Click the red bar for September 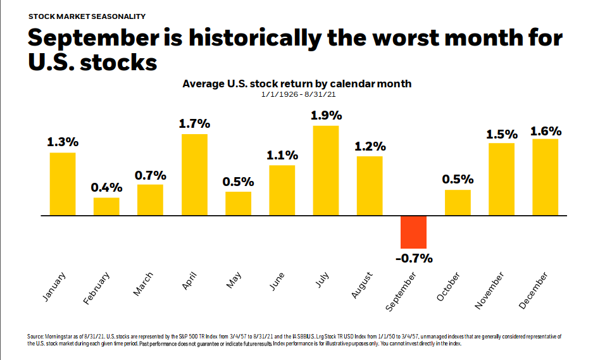413,232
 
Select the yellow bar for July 325,170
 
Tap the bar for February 106,206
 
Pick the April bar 194,175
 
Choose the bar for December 546,177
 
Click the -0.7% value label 413,258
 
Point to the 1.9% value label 326,116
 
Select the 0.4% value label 106,187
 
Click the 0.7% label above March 150,175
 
